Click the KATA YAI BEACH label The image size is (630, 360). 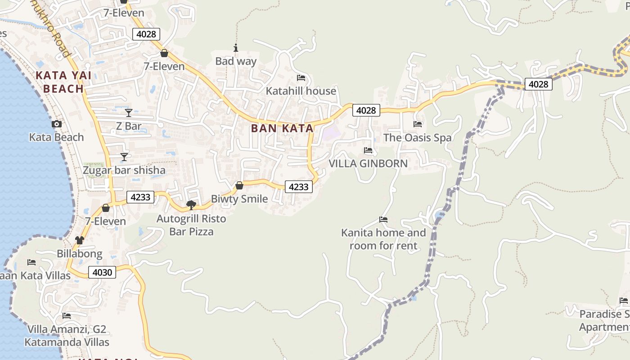coord(63,82)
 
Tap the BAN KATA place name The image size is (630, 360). coord(282,128)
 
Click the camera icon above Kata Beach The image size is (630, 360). coord(57,124)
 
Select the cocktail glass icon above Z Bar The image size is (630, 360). coord(129,112)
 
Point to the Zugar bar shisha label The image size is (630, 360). coord(124,171)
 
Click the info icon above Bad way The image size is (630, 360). coord(235,48)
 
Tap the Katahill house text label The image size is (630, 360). coord(301,91)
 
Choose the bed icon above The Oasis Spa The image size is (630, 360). coord(418,124)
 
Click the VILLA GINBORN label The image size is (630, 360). coord(368,163)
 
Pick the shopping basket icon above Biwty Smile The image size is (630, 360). coord(239,185)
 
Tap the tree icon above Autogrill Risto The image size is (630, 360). coord(191,205)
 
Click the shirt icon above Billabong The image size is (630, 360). coord(80,240)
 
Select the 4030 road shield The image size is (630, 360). coord(103,272)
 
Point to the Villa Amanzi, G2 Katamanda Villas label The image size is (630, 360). coord(67,336)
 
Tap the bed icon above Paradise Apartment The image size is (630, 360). coord(623,301)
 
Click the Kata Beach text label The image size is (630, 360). coord(57,137)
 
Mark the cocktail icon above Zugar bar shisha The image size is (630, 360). coord(124,157)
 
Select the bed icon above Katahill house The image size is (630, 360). coord(301,78)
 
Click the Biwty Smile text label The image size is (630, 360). coord(239,199)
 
